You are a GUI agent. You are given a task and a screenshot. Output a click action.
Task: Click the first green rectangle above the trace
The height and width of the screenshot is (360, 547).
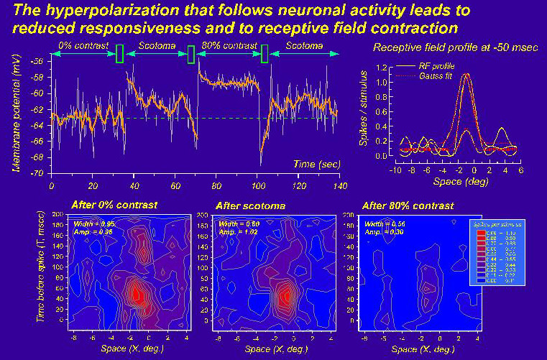tap(120, 53)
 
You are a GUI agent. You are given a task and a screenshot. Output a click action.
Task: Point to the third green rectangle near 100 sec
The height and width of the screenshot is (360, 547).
tap(265, 54)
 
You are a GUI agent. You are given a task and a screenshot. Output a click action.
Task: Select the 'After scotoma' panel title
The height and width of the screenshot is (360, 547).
tap(255, 206)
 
